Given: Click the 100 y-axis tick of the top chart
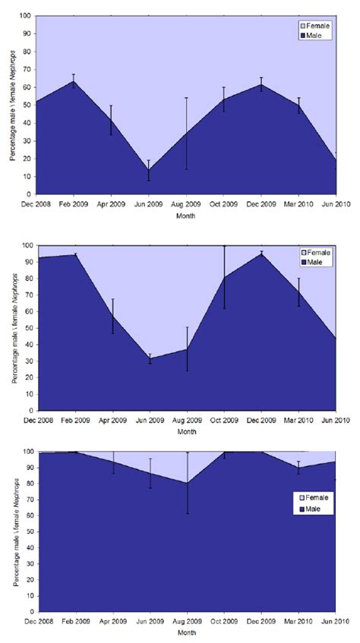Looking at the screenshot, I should click(x=28, y=16).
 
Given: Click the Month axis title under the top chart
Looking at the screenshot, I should click(x=186, y=216).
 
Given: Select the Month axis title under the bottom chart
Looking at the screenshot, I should click(x=186, y=632).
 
